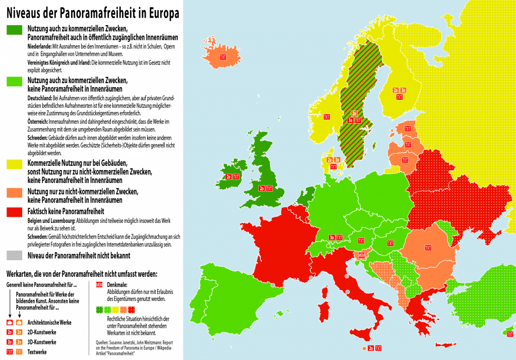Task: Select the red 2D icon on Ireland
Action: (x=229, y=177)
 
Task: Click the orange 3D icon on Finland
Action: (x=403, y=90)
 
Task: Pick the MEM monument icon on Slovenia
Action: (x=361, y=256)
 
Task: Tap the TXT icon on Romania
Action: (x=428, y=248)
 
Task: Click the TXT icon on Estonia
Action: (x=407, y=129)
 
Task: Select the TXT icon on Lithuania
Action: (x=405, y=160)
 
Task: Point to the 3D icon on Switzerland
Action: (x=332, y=237)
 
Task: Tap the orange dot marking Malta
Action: (x=364, y=348)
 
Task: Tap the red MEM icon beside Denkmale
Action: (x=99, y=285)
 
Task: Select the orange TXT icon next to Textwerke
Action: (x=19, y=351)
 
